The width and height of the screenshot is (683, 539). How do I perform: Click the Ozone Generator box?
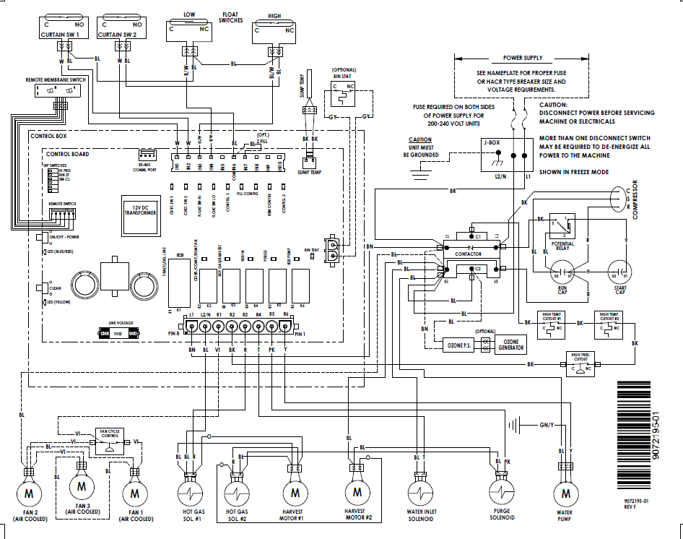pyautogui.click(x=510, y=344)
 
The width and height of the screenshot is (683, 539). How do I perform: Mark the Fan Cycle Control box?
pyautogui.click(x=110, y=442)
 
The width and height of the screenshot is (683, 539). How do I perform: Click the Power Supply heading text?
pyautogui.click(x=523, y=58)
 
